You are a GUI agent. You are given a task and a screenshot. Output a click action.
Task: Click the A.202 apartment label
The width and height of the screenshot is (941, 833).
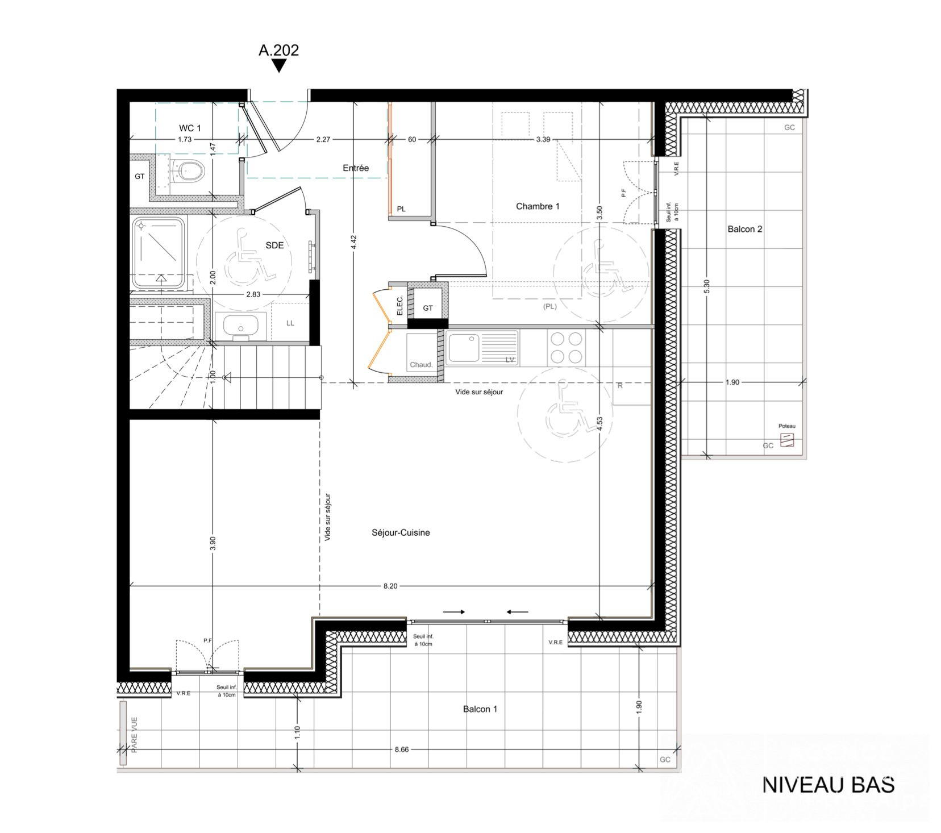pos(278,50)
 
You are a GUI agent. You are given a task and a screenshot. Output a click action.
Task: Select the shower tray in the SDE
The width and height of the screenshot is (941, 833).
pos(159,253)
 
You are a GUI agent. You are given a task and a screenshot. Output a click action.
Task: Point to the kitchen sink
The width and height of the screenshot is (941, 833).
pos(482,348)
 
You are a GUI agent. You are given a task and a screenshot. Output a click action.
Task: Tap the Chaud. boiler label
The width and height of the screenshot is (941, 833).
pos(421,365)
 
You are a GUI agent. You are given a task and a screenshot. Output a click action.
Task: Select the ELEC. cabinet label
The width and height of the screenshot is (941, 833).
pos(400,305)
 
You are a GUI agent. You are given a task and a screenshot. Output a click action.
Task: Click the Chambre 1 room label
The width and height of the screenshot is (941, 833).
pos(538,206)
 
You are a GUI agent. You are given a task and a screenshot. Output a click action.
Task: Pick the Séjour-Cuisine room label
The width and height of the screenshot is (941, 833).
pos(401,532)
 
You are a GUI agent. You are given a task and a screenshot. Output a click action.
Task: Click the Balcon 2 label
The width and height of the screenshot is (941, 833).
pos(745,229)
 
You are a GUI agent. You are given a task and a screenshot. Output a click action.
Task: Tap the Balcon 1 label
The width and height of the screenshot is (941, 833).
pos(480,709)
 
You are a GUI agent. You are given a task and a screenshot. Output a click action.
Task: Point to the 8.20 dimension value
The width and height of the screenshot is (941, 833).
pos(390,586)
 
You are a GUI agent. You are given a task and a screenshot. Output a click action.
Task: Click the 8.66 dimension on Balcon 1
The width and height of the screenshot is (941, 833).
pos(402,749)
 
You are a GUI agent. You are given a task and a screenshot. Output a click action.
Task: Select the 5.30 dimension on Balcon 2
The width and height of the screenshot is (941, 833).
pos(707,287)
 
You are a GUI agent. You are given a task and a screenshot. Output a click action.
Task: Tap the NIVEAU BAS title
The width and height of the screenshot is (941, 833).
pos(828,785)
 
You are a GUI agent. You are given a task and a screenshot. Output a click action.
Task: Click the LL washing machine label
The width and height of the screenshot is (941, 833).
pos(290,323)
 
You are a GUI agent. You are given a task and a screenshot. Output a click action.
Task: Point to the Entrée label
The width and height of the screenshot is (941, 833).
pos(356,168)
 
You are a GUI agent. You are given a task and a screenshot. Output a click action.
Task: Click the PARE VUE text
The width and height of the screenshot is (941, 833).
pos(135,735)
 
